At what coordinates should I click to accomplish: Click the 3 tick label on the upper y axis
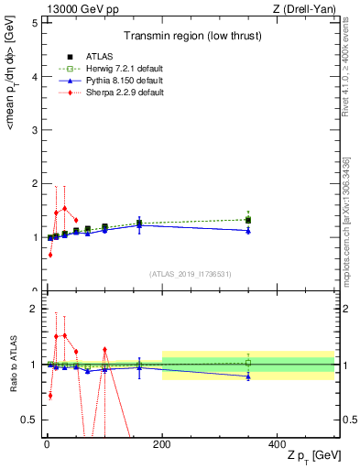(33, 130)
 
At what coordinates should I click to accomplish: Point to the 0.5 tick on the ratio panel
(28, 420)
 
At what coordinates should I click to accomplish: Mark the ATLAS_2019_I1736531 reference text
(190, 274)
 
